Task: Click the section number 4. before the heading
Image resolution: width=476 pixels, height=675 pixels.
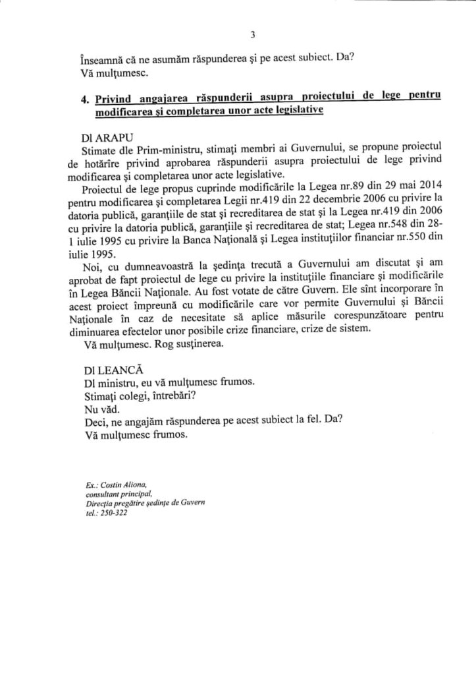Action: click(84, 99)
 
